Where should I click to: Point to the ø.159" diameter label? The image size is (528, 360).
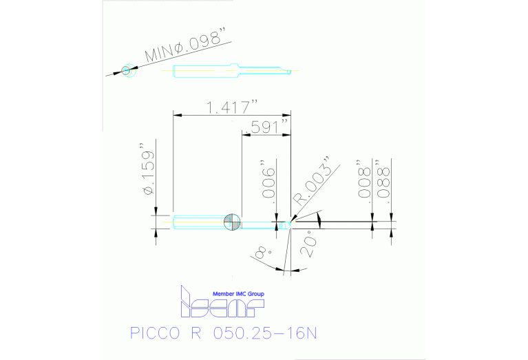tap(147, 171)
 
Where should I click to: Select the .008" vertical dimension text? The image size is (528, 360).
tap(364, 180)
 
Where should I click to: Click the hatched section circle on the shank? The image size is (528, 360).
tap(232, 222)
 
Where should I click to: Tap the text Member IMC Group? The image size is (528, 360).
tap(238, 294)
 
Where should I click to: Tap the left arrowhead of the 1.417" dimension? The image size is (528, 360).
tap(175, 114)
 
